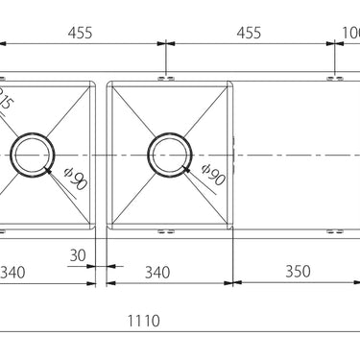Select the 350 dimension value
[x=298, y=272]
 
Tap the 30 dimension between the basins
[x=80, y=256]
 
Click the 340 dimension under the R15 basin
[x=12, y=272]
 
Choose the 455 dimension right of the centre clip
[x=249, y=33]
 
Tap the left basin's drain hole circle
[x=35, y=154]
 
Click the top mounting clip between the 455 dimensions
[x=168, y=74]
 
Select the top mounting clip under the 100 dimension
[x=333, y=74]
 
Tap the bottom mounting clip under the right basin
[x=168, y=231]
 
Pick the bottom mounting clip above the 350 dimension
[x=333, y=231]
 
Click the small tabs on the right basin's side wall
[x=235, y=154]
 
